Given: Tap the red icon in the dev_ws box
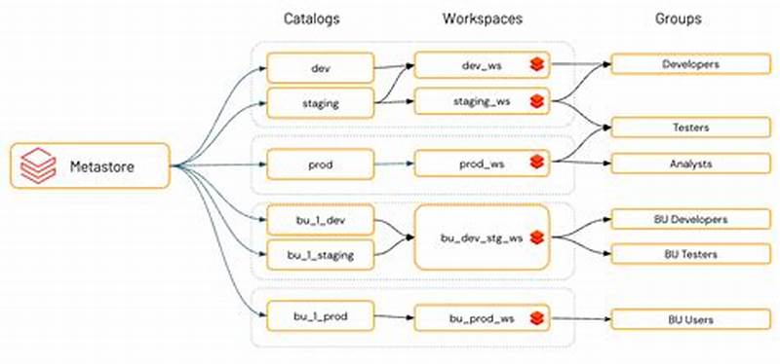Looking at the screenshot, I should coord(536,65).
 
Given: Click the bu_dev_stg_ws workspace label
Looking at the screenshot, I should coord(481,237).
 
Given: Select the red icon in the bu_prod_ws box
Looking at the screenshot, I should coord(536,317).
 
